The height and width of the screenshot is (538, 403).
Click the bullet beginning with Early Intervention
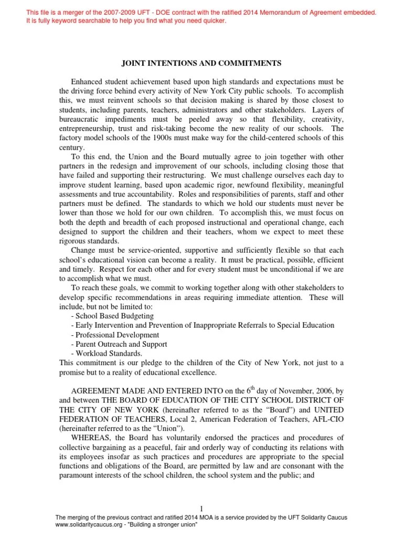click(x=202, y=325)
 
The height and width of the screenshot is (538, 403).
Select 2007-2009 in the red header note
click(x=114, y=12)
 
